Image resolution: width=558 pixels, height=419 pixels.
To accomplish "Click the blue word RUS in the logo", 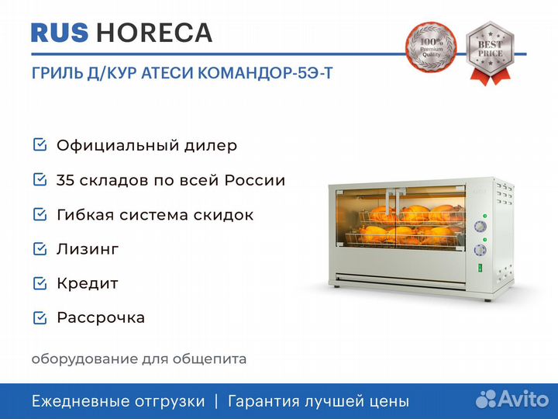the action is point(60,33).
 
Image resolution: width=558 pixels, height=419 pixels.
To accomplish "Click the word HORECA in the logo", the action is point(154,33).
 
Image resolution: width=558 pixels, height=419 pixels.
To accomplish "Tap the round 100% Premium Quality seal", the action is point(431,47).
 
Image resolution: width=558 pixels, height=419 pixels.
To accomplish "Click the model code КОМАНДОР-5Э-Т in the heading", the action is point(265,73).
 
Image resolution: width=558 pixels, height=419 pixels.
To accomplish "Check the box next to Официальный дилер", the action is point(40,145).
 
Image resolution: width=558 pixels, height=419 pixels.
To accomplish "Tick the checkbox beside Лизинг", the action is point(40,249).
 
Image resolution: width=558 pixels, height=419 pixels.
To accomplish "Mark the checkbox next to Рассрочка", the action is point(40,317).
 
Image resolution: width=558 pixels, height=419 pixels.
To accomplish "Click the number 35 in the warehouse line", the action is point(65,180).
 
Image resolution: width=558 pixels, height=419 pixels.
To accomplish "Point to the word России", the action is point(255,180).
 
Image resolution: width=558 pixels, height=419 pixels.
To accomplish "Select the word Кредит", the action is point(88,284).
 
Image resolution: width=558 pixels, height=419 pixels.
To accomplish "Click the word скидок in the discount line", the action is point(223,215).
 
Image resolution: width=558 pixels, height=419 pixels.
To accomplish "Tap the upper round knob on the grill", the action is point(480,227).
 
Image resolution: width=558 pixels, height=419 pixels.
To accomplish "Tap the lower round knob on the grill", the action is point(480,250).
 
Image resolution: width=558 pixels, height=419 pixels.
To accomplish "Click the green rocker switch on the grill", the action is point(480,268).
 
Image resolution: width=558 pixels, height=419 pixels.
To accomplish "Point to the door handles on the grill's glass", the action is point(395,201).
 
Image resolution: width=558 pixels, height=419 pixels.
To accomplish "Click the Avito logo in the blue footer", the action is point(512,399).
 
